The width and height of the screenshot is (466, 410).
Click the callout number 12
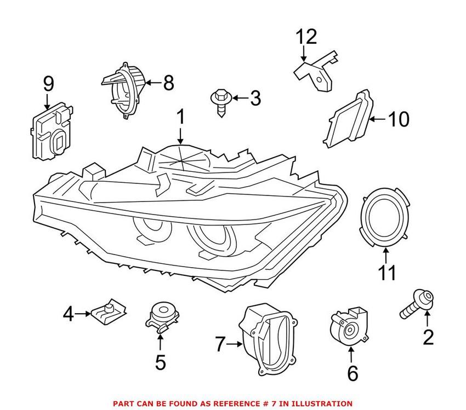(x=307, y=37)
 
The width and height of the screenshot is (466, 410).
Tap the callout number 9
(x=48, y=84)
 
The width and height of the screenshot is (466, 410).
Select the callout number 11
(x=387, y=273)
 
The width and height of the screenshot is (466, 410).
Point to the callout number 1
(x=181, y=117)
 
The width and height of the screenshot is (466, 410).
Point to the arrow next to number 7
(x=236, y=344)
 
